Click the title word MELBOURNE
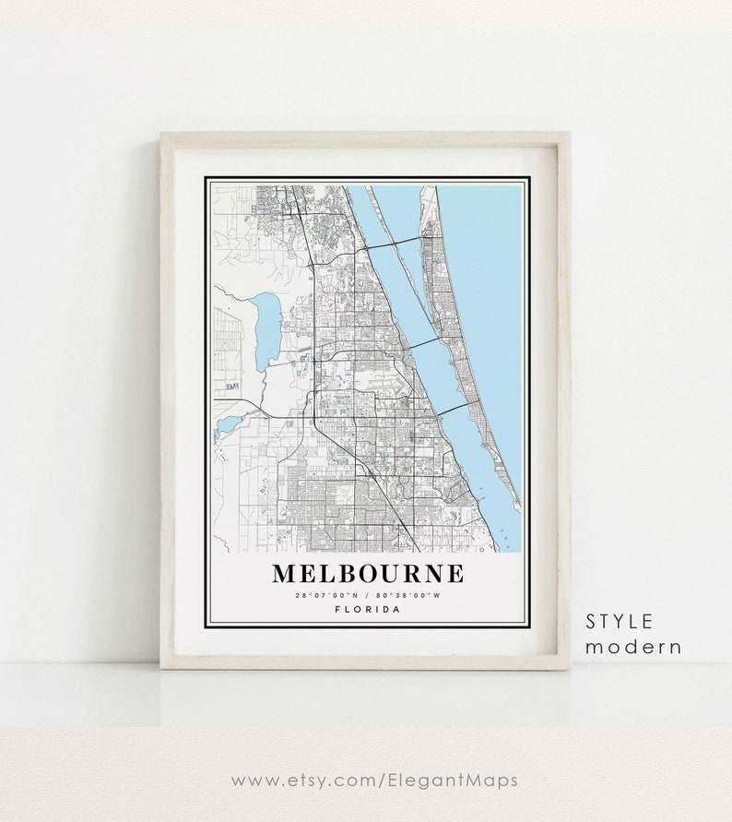click(x=368, y=573)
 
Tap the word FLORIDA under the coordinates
click(x=368, y=609)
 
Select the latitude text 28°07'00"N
click(x=328, y=595)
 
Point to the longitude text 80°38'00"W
click(x=408, y=595)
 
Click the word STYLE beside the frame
click(x=620, y=621)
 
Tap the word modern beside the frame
click(x=633, y=646)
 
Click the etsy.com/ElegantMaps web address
click(x=373, y=780)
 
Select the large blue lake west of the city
click(x=267, y=330)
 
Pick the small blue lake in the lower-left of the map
click(x=228, y=425)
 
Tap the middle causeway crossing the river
click(x=423, y=342)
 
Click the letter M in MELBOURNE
click(x=285, y=573)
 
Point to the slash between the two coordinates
click(x=368, y=595)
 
